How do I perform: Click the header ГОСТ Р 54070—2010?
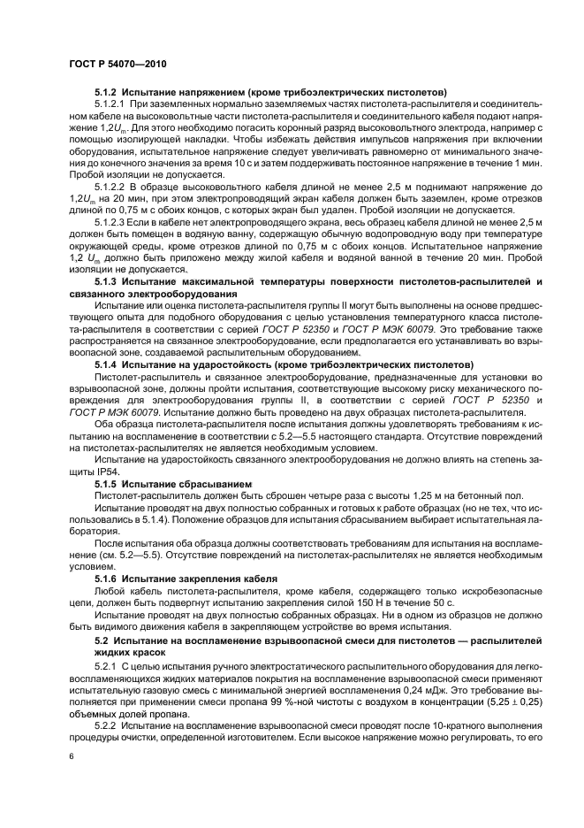[118, 66]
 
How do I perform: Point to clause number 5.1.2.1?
[112, 104]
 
